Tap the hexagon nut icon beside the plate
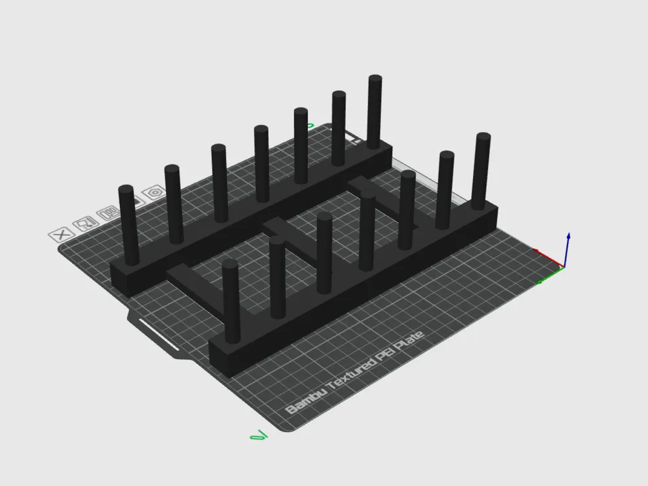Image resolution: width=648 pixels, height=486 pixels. (x=155, y=192)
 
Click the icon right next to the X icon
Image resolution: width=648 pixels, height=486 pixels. (x=84, y=224)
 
